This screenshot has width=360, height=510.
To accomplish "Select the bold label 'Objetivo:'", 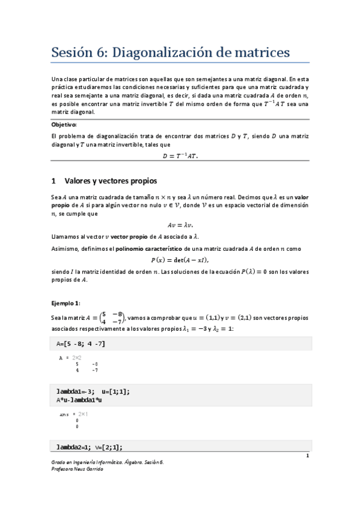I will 64,124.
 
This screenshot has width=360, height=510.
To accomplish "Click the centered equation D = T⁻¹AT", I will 180,155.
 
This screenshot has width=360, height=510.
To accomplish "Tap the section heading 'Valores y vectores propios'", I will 111,180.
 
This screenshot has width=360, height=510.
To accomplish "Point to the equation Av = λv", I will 180,225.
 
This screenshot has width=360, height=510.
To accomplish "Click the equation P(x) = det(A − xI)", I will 180,260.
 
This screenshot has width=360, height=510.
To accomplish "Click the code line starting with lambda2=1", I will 92,447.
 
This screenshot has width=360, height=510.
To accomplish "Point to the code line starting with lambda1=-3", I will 93,392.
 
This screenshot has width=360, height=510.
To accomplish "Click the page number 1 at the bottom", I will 307,455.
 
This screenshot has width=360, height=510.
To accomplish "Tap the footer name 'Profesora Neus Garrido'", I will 78,469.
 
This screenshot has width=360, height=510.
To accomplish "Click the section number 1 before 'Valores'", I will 53,180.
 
